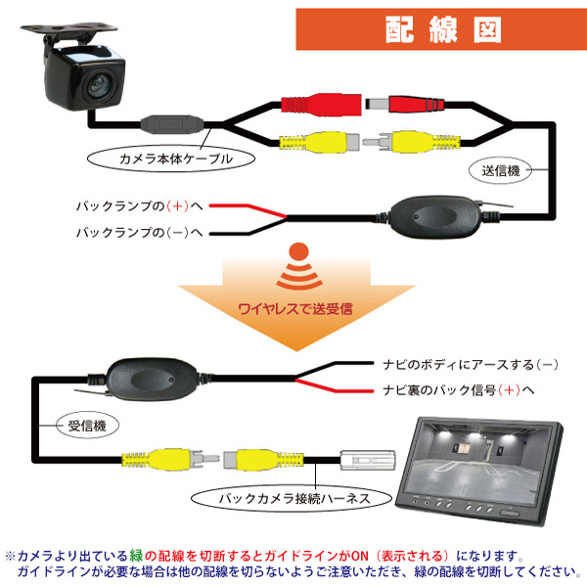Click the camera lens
click(x=100, y=85)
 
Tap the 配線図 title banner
click(x=441, y=29)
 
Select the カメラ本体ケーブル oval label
click(x=171, y=158)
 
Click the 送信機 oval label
click(x=501, y=170)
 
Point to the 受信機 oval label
click(x=87, y=426)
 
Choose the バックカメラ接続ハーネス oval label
click(x=292, y=498)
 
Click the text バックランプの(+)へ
click(x=139, y=205)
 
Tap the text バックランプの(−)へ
click(x=139, y=233)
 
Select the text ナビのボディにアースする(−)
click(x=471, y=365)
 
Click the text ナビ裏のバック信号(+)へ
click(x=459, y=390)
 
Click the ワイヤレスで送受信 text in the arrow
click(x=295, y=309)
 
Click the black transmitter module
click(x=435, y=217)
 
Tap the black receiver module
click(x=152, y=380)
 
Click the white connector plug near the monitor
click(x=367, y=460)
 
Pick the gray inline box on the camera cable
click(x=172, y=124)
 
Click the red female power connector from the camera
click(x=321, y=105)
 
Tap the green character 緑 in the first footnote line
click(x=137, y=556)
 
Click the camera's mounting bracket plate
click(x=69, y=28)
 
